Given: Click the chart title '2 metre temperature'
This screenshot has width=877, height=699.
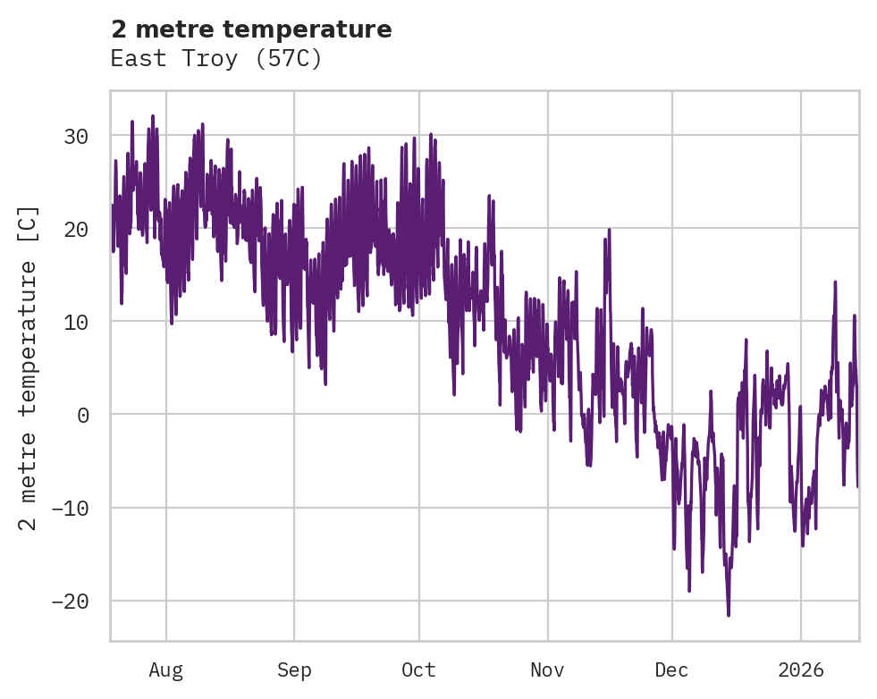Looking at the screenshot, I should click(x=251, y=29).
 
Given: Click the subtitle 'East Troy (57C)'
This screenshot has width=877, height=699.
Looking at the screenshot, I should click(x=215, y=59).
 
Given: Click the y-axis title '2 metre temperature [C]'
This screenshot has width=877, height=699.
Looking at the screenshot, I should click(x=30, y=367).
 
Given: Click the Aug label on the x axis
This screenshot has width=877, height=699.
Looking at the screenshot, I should click(x=166, y=670).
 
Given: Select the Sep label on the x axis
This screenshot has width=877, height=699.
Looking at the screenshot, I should click(x=293, y=670).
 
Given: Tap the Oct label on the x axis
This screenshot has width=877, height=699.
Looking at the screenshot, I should click(x=418, y=670).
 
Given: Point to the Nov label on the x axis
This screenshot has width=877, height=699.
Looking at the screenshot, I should click(x=547, y=670).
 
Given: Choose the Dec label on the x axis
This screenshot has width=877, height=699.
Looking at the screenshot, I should click(x=671, y=670).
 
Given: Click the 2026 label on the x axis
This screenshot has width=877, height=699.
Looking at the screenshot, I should click(x=801, y=670).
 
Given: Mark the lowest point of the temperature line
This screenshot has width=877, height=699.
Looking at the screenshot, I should click(x=729, y=615).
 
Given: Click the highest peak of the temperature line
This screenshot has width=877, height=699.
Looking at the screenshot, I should click(x=153, y=115).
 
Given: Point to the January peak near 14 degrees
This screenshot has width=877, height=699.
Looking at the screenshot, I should click(x=835, y=282).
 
